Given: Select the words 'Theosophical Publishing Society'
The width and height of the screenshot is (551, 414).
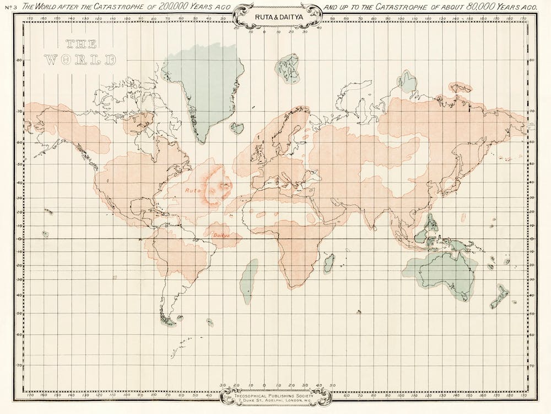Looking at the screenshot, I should tap(275, 395).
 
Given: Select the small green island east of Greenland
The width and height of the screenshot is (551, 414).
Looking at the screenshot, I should tap(237, 128).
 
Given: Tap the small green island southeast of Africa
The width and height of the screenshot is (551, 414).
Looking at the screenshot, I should tap(329, 263).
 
